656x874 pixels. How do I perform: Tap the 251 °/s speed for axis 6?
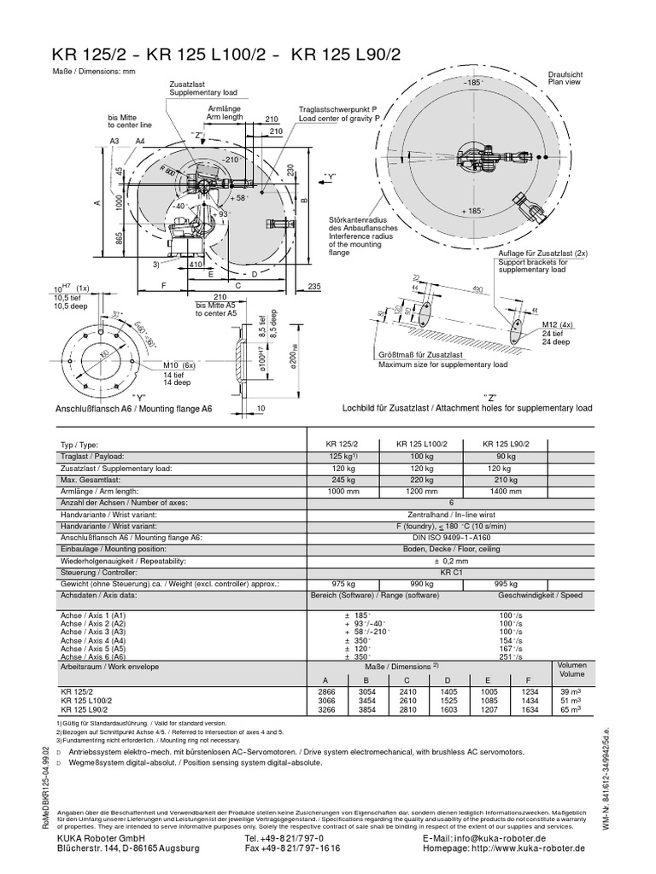[512, 655]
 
